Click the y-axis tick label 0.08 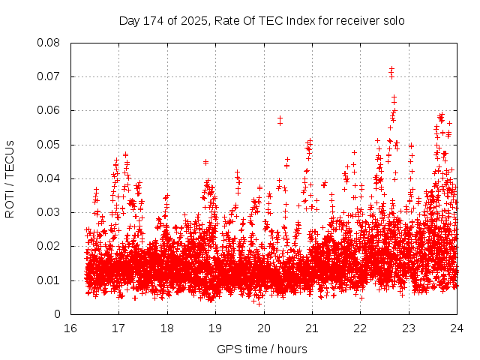click(49, 42)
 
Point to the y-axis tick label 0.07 click(49, 76)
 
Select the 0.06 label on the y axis click(49, 110)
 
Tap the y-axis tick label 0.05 click(49, 144)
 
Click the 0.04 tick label click(49, 178)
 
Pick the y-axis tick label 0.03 click(49, 212)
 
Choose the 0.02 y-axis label click(49, 246)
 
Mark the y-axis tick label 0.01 click(49, 280)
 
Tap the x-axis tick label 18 click(167, 328)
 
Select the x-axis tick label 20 click(264, 328)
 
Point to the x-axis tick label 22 click(361, 328)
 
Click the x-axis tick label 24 click(457, 328)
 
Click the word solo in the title click(393, 21)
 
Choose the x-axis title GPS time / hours click(262, 349)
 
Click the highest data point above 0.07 click(391, 69)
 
